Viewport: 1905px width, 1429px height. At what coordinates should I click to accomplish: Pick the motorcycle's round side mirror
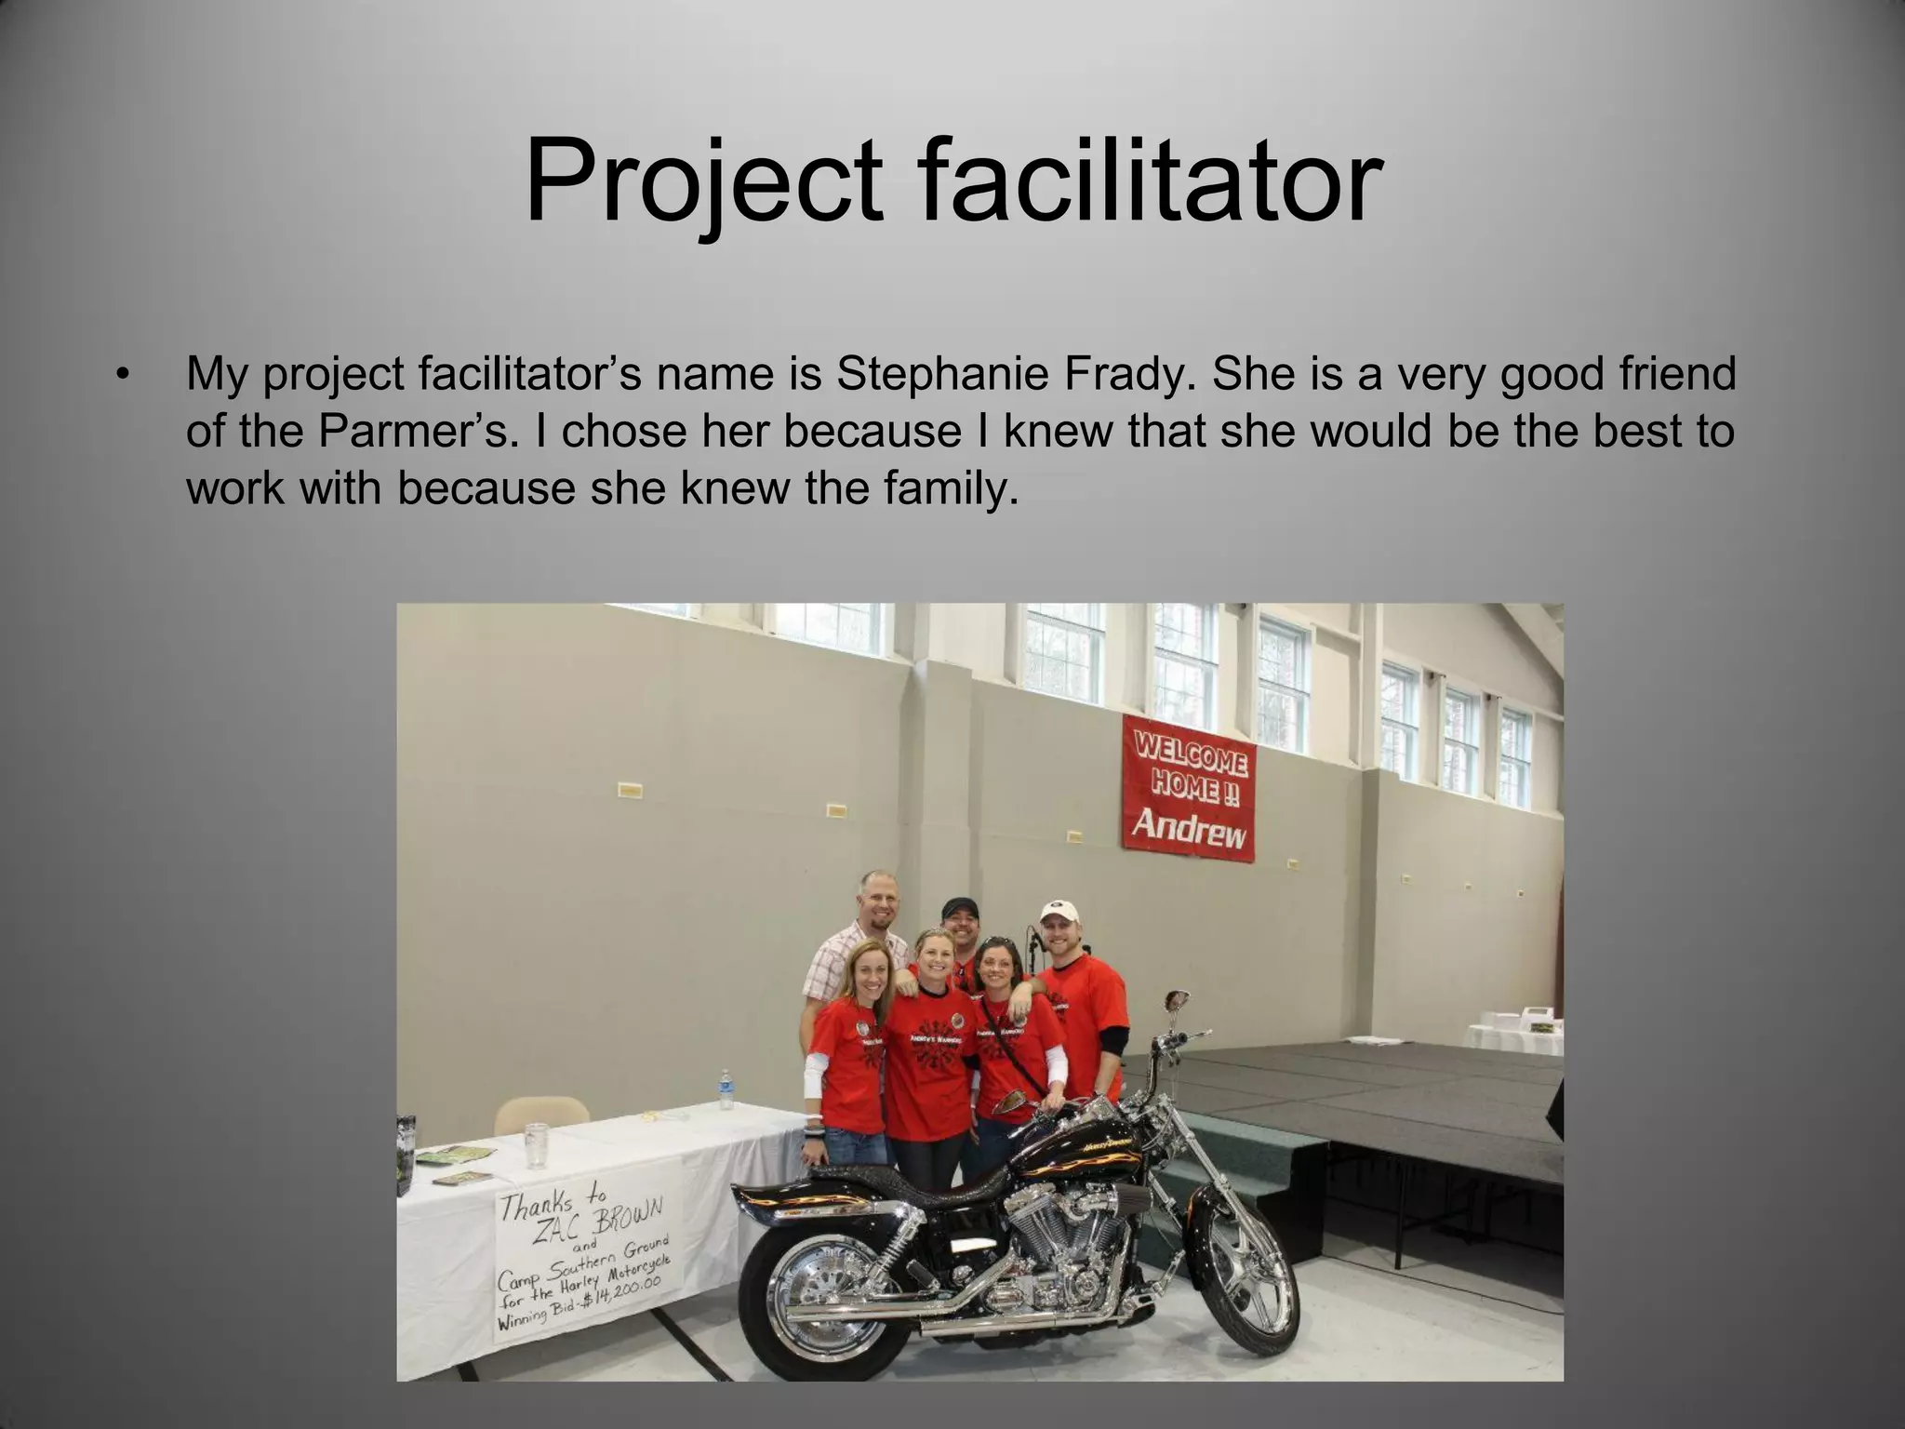[x=1174, y=1000]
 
